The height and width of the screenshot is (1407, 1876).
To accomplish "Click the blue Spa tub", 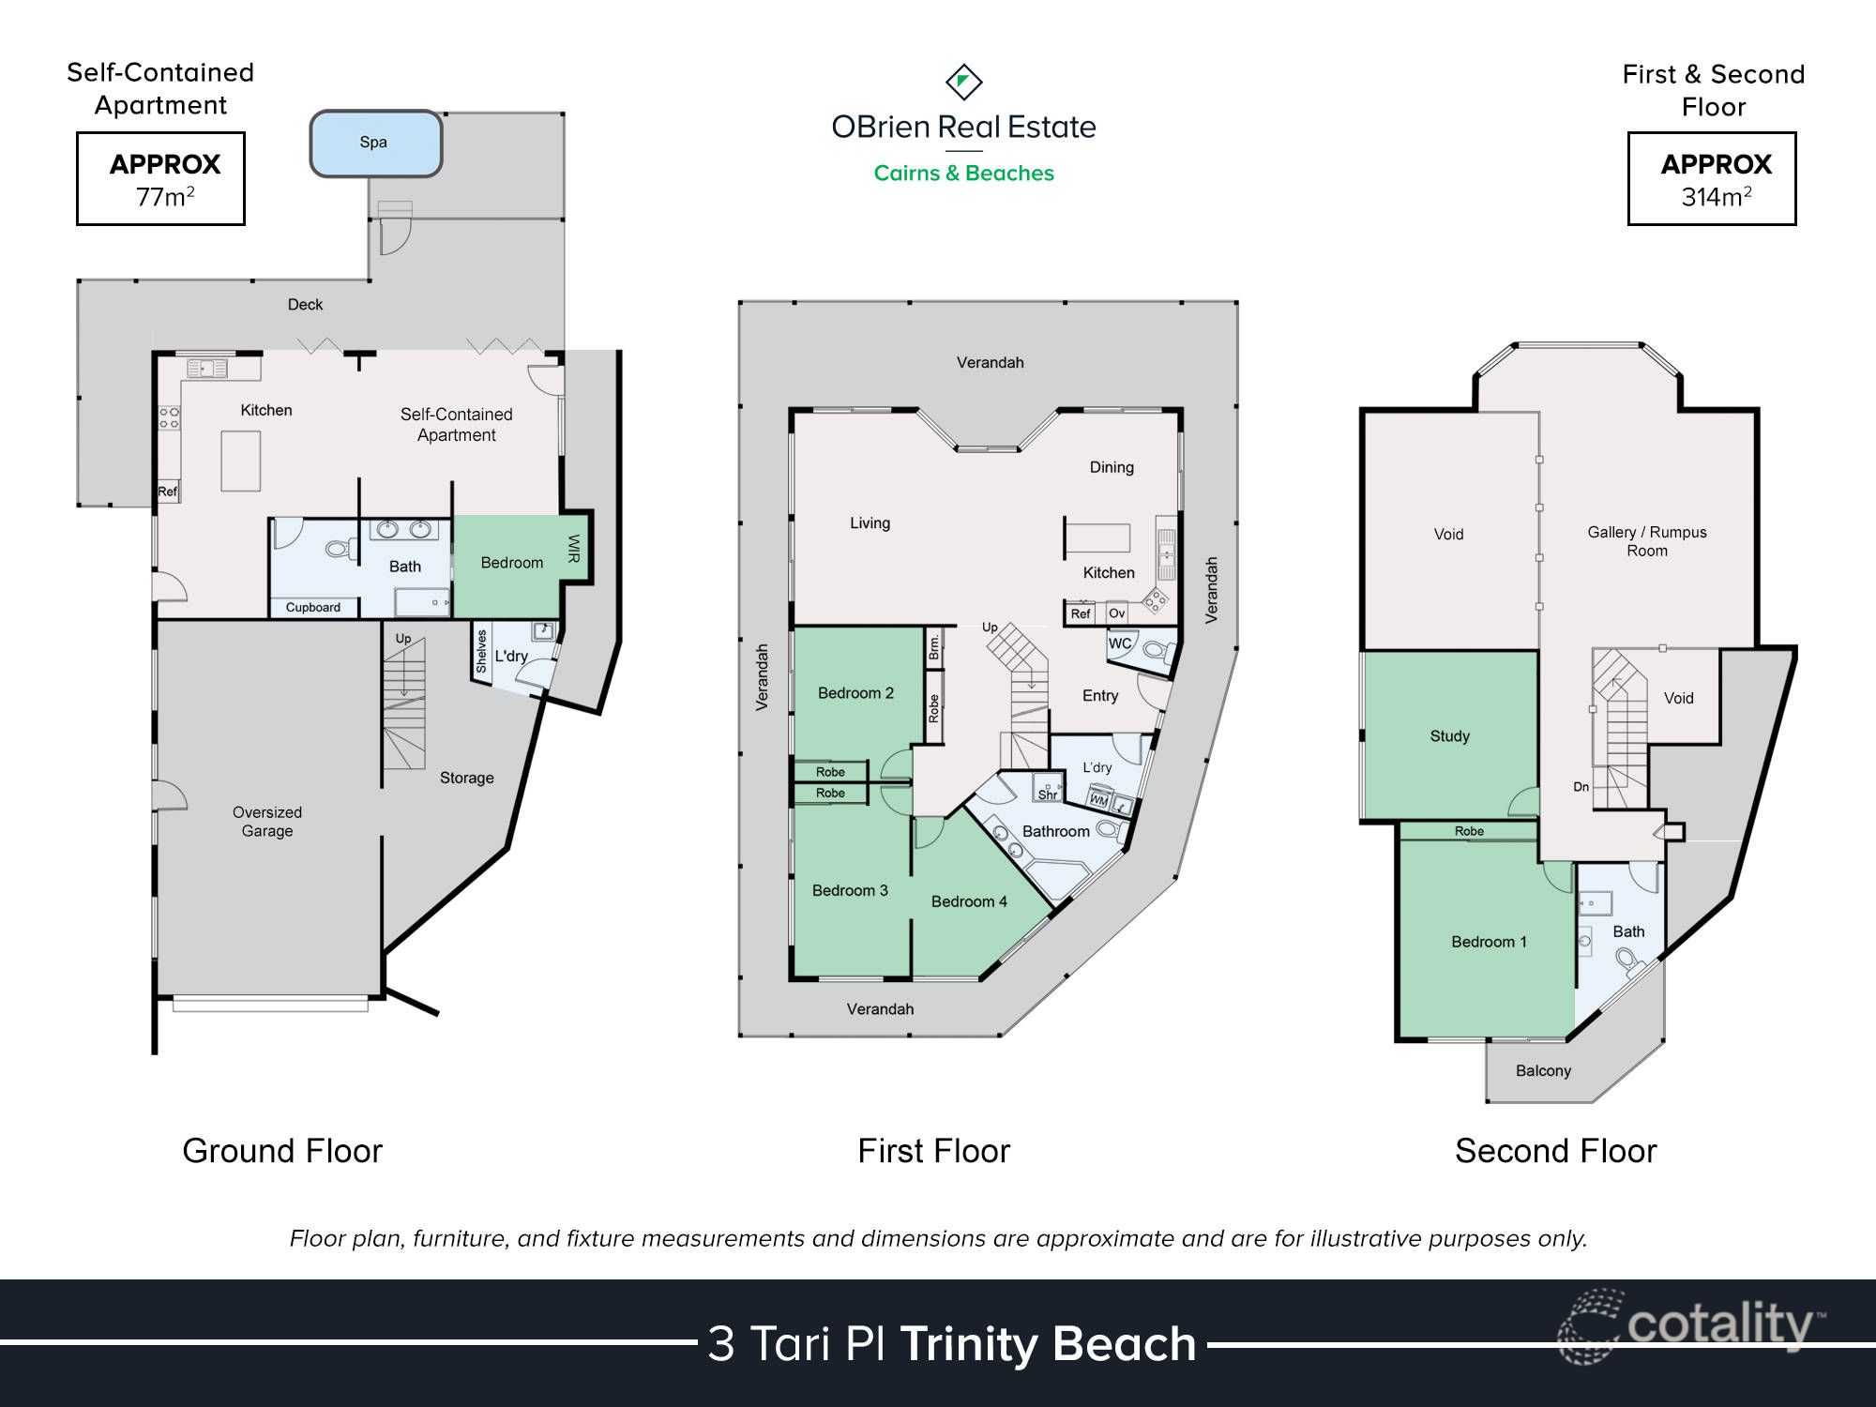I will (x=375, y=144).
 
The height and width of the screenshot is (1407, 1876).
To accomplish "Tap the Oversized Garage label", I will (x=267, y=822).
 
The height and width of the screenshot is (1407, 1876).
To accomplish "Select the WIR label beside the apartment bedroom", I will (x=574, y=549).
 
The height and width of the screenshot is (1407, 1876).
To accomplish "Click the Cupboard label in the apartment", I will (x=313, y=608).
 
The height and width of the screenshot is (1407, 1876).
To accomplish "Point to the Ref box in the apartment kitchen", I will (x=167, y=492).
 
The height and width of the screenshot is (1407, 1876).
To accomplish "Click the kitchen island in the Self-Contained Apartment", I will (x=240, y=461).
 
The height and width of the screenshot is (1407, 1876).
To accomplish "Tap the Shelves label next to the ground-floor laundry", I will (x=481, y=651).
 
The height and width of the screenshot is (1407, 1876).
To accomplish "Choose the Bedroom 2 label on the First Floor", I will (x=855, y=693).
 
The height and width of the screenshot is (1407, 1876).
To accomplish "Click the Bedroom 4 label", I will (x=969, y=901).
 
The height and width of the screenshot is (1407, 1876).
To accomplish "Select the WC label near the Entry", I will (x=1120, y=643).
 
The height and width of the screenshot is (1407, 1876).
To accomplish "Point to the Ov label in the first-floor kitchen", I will (x=1116, y=613).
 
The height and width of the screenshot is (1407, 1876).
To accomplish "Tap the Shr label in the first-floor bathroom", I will (x=1047, y=794).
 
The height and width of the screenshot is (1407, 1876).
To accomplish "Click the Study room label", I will (x=1449, y=736).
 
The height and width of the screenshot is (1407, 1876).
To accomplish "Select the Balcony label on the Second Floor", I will (x=1543, y=1071).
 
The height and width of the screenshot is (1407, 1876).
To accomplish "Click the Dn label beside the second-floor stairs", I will (x=1581, y=787).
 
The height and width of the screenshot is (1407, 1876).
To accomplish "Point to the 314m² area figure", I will (x=1716, y=197).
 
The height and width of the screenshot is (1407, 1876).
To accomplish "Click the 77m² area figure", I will (x=165, y=197).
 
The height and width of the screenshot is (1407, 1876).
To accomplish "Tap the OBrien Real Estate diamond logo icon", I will (x=963, y=83).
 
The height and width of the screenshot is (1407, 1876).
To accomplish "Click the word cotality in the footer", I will (x=1718, y=1325).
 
